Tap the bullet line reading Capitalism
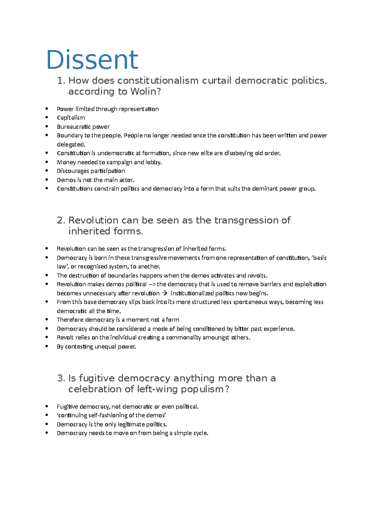pyautogui.click(x=71, y=118)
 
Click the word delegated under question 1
pyautogui.click(x=70, y=144)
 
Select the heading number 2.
pyautogui.click(x=60, y=220)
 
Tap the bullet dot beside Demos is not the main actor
pyautogui.click(x=47, y=180)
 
